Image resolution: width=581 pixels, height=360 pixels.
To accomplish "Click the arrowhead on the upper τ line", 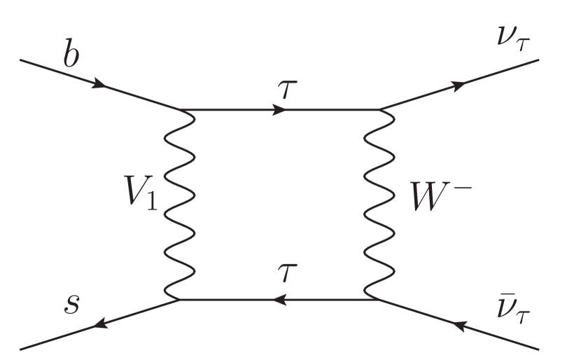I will click(279, 110).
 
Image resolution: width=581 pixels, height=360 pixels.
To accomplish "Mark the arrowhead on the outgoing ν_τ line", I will click(459, 85).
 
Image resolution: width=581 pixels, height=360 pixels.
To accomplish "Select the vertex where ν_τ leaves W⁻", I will click(379, 110).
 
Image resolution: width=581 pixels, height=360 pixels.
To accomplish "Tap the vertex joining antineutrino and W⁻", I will click(379, 300).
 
